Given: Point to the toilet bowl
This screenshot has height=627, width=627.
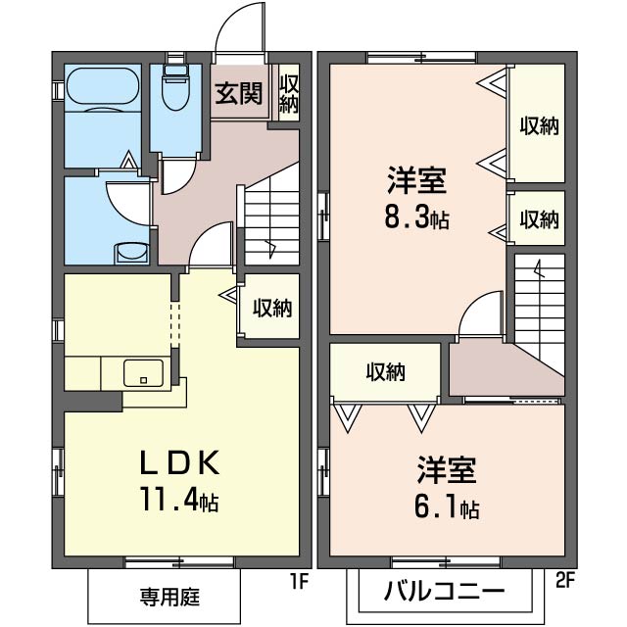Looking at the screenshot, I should (x=176, y=94).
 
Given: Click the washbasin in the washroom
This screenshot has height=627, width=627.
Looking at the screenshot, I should (x=128, y=253).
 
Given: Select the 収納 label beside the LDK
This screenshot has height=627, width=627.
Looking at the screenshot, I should (x=272, y=309).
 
